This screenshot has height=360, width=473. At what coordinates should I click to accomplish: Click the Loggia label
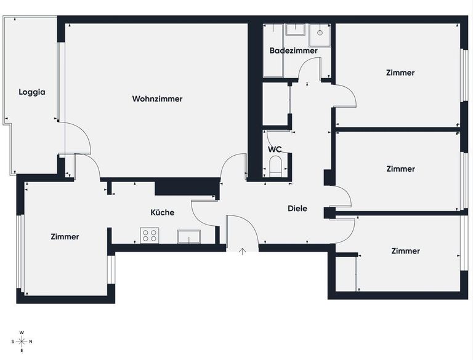[32, 92]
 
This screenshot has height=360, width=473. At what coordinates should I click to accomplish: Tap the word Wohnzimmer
[157, 98]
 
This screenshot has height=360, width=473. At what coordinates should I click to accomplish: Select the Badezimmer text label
[294, 50]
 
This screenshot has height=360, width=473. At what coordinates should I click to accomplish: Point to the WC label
[275, 150]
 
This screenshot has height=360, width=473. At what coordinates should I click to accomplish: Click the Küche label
[163, 212]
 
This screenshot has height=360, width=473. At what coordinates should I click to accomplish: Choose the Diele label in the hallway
[297, 209]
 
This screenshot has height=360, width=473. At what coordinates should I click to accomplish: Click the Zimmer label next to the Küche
[65, 236]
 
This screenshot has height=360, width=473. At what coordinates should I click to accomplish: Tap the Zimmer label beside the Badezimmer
[400, 73]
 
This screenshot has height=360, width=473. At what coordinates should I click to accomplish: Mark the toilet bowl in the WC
[276, 166]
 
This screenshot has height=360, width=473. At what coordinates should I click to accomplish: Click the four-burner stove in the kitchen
[150, 235]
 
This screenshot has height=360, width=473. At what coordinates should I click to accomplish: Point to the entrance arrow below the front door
[243, 251]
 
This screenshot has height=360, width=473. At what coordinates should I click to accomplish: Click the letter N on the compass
[31, 342]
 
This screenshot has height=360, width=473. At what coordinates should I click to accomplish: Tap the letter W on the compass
[22, 332]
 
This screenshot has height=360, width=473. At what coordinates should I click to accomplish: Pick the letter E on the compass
[22, 351]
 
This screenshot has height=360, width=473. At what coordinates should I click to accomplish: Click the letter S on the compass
[12, 342]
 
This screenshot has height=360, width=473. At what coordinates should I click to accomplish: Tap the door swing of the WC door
[275, 139]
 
